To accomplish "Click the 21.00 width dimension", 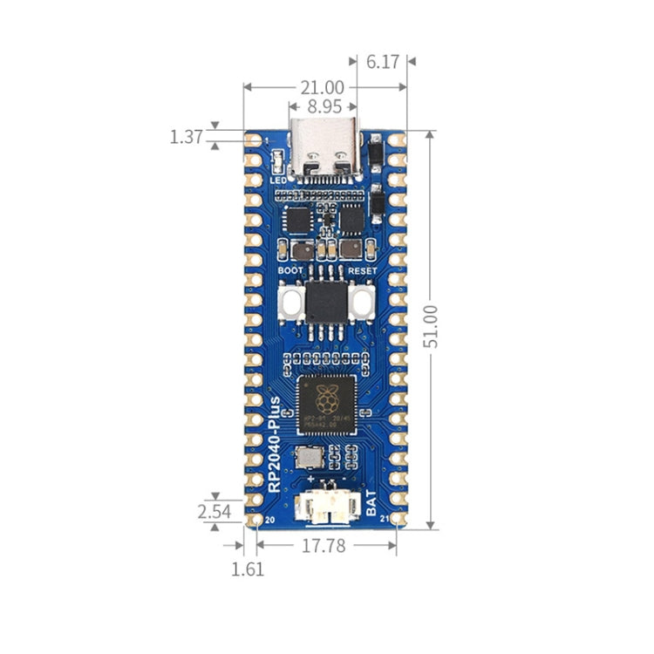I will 322,87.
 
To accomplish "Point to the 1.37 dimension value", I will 186,137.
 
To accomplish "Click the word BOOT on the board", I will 290,271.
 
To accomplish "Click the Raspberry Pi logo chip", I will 326,403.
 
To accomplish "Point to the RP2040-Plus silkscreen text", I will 275,445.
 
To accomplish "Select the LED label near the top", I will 278,180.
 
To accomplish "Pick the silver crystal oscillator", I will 307,456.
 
